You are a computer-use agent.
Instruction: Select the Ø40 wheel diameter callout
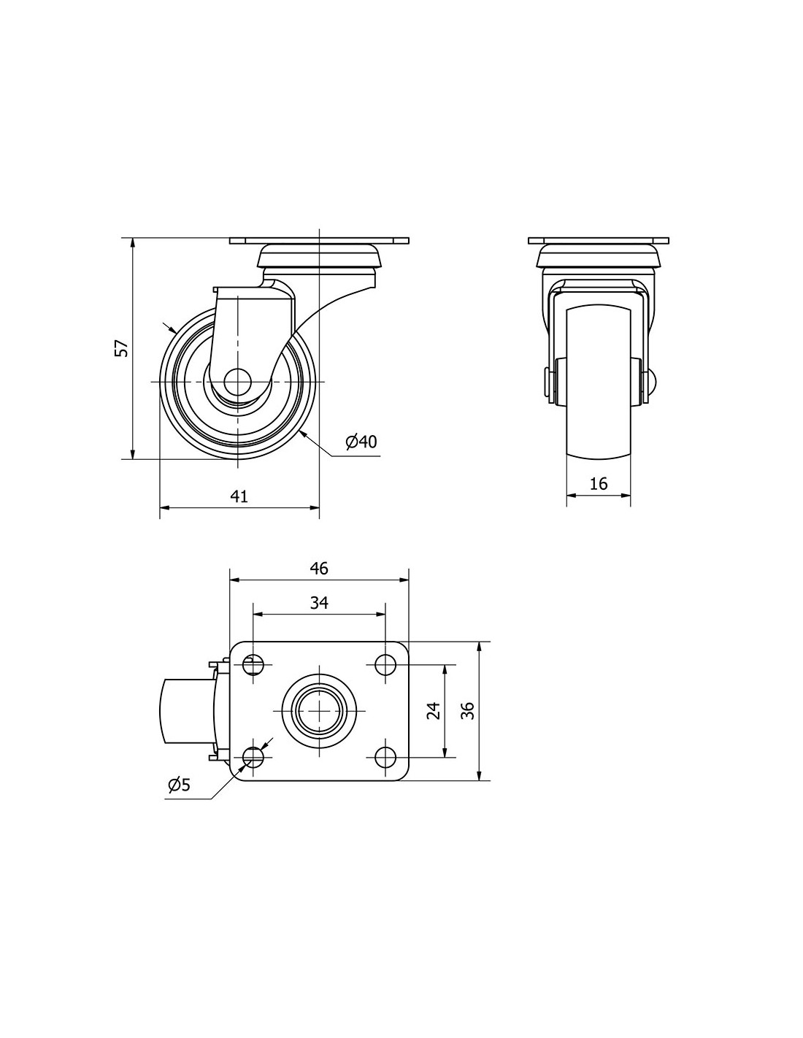click(x=361, y=442)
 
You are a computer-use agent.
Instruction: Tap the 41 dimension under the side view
click(x=239, y=497)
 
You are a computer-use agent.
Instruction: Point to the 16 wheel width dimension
click(x=598, y=484)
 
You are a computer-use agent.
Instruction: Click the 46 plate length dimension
click(x=319, y=569)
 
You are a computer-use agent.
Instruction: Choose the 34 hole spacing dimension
click(x=319, y=604)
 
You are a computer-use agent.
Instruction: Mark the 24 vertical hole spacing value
click(x=434, y=711)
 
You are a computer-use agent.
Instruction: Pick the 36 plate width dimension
click(x=469, y=711)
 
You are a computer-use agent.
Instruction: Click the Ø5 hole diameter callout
click(x=179, y=785)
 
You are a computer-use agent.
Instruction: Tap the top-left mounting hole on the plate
click(x=253, y=665)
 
